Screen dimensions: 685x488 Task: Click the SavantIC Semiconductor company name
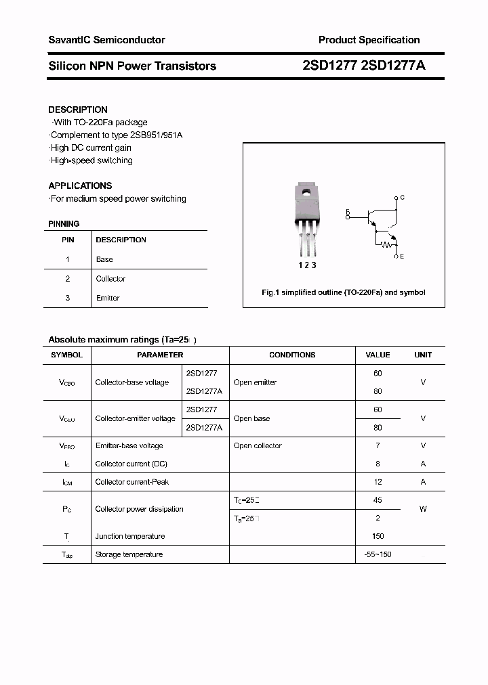[x=106, y=41]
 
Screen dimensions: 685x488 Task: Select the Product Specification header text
[x=369, y=41]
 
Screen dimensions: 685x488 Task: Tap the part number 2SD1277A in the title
[x=396, y=66]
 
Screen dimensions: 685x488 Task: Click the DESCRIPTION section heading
[x=78, y=110]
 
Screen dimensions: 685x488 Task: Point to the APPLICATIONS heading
[x=80, y=185]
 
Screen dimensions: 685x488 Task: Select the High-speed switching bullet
[x=91, y=160]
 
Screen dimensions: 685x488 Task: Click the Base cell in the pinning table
[x=104, y=259]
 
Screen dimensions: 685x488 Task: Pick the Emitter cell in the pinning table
[x=108, y=298]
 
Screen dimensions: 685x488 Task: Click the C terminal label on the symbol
[x=402, y=198]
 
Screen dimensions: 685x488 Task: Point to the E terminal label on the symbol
[x=402, y=257]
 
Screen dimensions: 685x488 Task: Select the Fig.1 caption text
[x=344, y=292]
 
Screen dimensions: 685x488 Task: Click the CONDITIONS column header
[x=292, y=355]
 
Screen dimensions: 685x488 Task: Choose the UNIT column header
[x=423, y=355]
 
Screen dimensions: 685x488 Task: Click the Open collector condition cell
[x=258, y=445]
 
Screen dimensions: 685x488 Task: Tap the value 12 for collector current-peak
[x=378, y=482]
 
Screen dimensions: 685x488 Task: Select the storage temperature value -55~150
[x=378, y=554]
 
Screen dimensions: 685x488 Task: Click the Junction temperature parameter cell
[x=130, y=536]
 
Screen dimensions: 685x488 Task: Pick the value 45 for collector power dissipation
[x=378, y=500]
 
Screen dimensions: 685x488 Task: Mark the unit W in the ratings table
[x=423, y=509]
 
